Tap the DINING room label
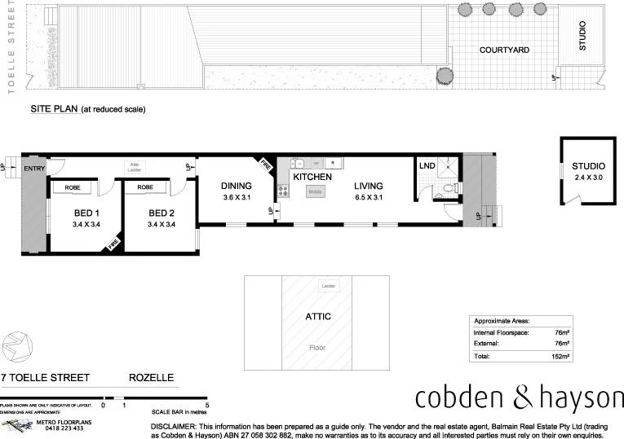(x=237, y=186)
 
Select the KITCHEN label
(x=312, y=177)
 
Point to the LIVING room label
(x=368, y=186)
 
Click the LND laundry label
(x=427, y=166)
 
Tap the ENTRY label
(x=34, y=169)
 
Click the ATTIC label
(x=318, y=316)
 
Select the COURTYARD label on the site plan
(x=504, y=50)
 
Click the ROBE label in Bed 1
(x=71, y=187)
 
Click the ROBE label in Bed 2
(x=145, y=187)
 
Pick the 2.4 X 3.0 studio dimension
(x=582, y=177)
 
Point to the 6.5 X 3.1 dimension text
(x=368, y=197)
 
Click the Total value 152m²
(x=560, y=356)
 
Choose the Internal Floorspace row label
(x=499, y=332)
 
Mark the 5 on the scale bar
(x=208, y=405)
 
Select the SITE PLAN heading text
(x=54, y=108)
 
